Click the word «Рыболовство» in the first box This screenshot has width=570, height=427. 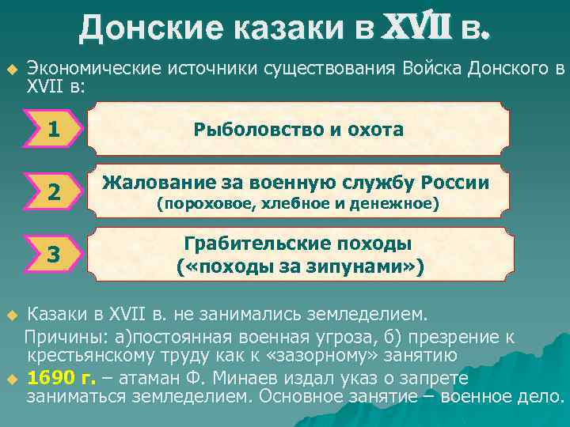(x=252, y=129)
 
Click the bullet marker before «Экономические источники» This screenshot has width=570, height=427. (x=11, y=69)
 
